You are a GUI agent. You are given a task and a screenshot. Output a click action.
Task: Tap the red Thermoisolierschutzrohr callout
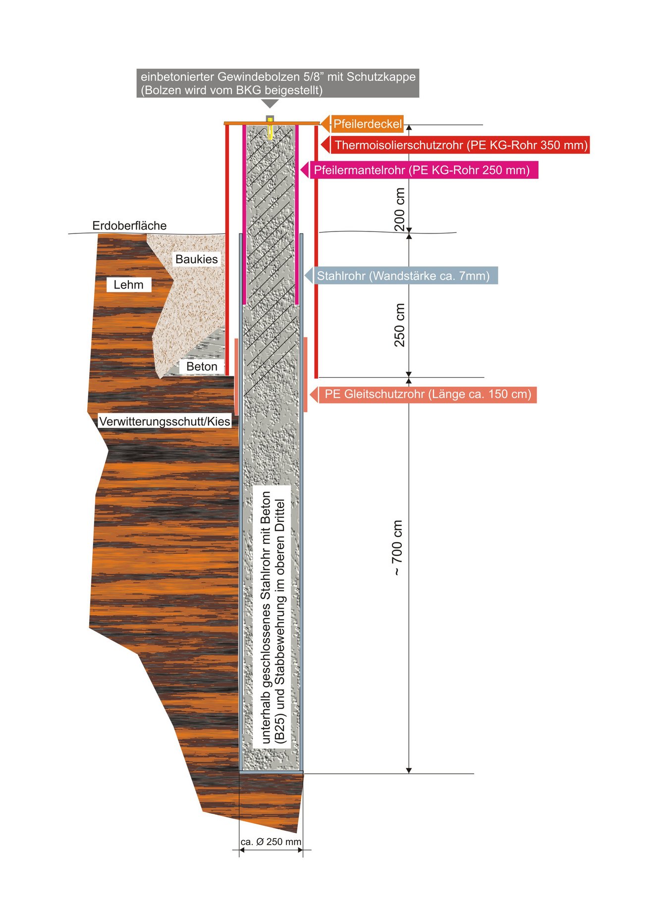pyautogui.click(x=456, y=145)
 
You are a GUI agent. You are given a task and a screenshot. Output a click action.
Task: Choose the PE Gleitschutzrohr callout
pyautogui.click(x=424, y=395)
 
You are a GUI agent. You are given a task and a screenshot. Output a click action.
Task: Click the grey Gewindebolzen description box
pyautogui.click(x=278, y=83)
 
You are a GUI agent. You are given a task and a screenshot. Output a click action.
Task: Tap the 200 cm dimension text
pyautogui.click(x=399, y=209)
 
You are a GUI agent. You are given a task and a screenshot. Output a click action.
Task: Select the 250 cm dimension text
pyautogui.click(x=399, y=325)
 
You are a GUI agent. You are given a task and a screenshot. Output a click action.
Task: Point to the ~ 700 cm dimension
pyautogui.click(x=398, y=547)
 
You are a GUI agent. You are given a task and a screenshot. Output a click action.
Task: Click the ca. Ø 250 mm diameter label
pyautogui.click(x=271, y=842)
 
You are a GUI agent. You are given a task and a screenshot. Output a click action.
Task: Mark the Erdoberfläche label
pyautogui.click(x=129, y=226)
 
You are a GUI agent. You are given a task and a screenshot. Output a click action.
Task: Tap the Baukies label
pyautogui.click(x=197, y=259)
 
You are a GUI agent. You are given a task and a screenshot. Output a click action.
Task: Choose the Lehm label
pyautogui.click(x=128, y=285)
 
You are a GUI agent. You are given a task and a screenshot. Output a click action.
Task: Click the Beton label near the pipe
pyautogui.click(x=202, y=366)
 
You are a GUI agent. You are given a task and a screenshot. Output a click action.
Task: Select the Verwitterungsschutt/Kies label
pyautogui.click(x=164, y=421)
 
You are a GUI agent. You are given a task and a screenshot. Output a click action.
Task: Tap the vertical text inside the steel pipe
pyautogui.click(x=273, y=617)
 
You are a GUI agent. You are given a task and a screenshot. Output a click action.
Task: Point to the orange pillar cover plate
pyautogui.click(x=272, y=123)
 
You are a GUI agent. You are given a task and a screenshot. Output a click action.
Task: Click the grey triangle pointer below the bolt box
pyautogui.click(x=270, y=103)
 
